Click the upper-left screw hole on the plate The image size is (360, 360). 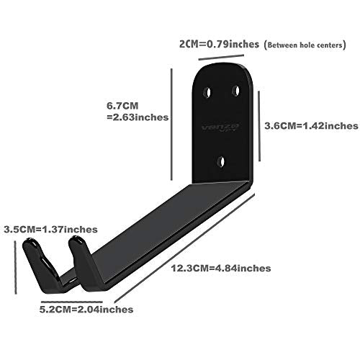pos(207,92)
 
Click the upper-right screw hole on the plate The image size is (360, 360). pos(235,91)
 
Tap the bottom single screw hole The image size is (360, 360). pos(221,162)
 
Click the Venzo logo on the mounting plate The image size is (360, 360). pos(220,127)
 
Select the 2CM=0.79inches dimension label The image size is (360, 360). pos(219,44)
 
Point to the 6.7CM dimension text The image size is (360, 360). pos(122,106)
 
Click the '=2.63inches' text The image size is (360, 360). pos(138,117)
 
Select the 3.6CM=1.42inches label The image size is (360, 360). pos(311,126)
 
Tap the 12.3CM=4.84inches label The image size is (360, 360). pos(221,268)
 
